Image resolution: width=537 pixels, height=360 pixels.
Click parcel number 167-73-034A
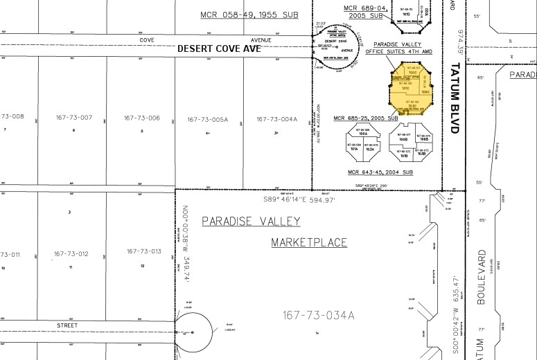pos(318,316)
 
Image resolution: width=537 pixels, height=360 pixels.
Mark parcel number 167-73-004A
pos(276,119)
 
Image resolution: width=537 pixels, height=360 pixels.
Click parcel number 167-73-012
pos(72,253)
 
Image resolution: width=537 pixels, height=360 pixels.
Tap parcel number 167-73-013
pos(143,251)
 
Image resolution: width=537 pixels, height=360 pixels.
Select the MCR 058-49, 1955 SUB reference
pos(249,15)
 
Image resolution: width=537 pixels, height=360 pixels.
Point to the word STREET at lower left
pos(67,324)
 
